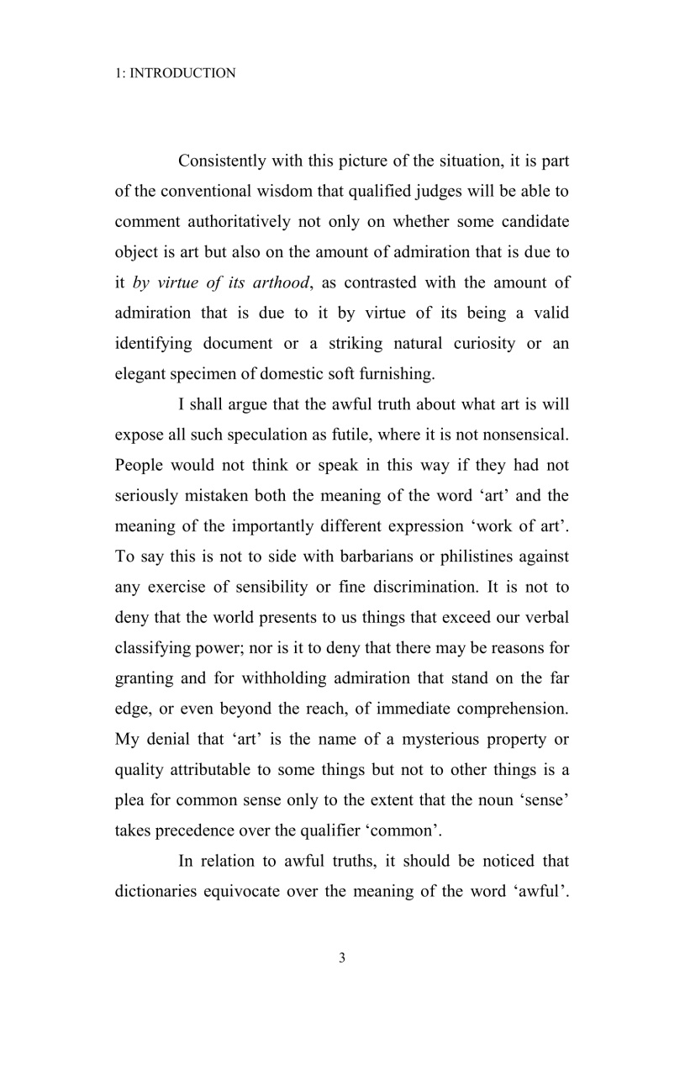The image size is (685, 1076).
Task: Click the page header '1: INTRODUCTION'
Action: (175, 74)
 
